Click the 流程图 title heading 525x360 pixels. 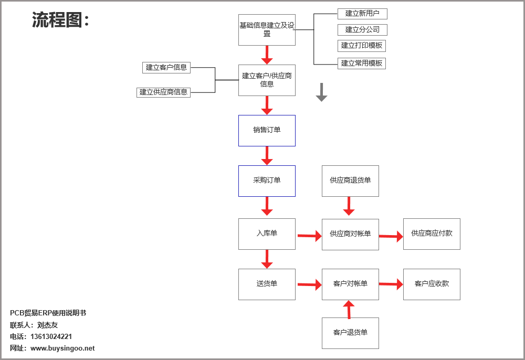point(60,20)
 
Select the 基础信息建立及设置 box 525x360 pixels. point(267,30)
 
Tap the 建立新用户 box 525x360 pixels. point(362,14)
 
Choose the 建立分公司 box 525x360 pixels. point(362,29)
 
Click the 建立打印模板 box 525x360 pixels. point(361,46)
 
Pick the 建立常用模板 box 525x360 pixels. point(361,63)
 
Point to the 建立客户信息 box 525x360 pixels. point(166,67)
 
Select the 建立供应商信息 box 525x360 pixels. point(163,92)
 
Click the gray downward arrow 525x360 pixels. point(321,92)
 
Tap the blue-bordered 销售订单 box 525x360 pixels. point(267,130)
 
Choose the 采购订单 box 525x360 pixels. point(267,181)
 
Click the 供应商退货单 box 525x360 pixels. point(350,181)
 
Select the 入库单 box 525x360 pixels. point(267,234)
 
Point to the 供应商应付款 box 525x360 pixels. point(432,234)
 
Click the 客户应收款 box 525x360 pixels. point(432,284)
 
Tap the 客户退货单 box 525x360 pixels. point(350,333)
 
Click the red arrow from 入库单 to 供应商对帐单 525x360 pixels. point(309,236)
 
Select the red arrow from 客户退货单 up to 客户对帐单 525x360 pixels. point(349,310)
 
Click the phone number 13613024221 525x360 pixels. point(51,336)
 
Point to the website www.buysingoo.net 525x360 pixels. point(62,348)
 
